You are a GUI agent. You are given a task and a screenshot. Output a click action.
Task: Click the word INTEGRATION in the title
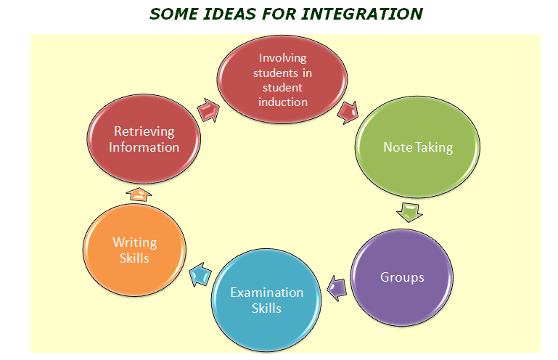[x=362, y=15]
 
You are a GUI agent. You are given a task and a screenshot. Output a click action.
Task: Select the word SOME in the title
[x=173, y=15]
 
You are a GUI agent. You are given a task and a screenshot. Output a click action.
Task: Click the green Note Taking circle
[x=417, y=147]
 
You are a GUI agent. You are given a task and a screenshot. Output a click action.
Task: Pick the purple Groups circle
[x=402, y=277]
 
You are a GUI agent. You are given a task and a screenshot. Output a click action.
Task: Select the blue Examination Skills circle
[x=266, y=300]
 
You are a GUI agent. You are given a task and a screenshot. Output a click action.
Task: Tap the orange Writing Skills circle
[x=134, y=250]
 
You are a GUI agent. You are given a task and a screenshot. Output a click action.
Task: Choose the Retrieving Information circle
[x=144, y=139]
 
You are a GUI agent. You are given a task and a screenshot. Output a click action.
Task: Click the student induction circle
[x=282, y=80]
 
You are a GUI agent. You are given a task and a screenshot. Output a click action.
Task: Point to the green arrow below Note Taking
[x=409, y=212]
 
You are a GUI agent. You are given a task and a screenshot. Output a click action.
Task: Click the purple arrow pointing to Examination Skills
[x=337, y=287]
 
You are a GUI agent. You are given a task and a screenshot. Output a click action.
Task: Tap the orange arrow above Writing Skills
[x=139, y=195]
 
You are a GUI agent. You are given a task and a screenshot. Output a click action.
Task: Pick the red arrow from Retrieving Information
[x=208, y=110]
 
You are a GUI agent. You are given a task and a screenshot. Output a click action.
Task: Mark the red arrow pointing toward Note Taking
[x=348, y=112]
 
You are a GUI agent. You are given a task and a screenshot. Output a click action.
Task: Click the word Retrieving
[x=144, y=131]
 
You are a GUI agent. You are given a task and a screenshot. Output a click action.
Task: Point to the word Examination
[x=266, y=292]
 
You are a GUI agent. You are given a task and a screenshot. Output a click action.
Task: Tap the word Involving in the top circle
[x=282, y=58]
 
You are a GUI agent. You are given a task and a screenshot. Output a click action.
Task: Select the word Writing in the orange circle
[x=135, y=242]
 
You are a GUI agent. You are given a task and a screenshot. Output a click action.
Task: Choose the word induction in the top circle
[x=283, y=102]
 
